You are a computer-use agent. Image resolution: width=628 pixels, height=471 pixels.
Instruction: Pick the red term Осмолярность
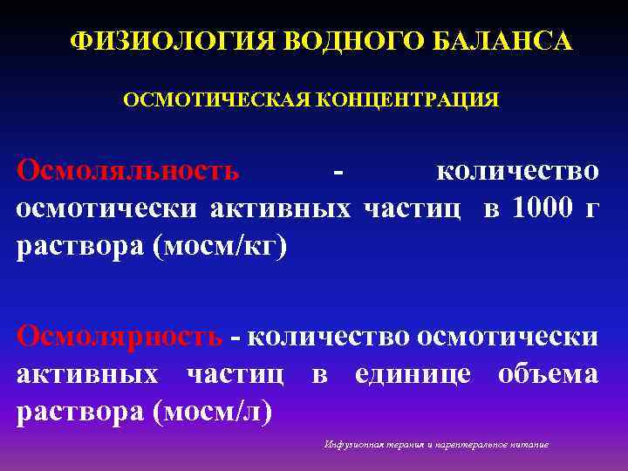point(120,335)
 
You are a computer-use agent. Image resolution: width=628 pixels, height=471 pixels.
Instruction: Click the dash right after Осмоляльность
point(338,171)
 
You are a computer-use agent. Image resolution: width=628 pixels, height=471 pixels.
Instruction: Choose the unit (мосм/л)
point(213,411)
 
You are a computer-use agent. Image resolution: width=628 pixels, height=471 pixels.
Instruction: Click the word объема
point(548,373)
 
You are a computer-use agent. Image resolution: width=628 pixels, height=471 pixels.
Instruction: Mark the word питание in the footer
point(529,445)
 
